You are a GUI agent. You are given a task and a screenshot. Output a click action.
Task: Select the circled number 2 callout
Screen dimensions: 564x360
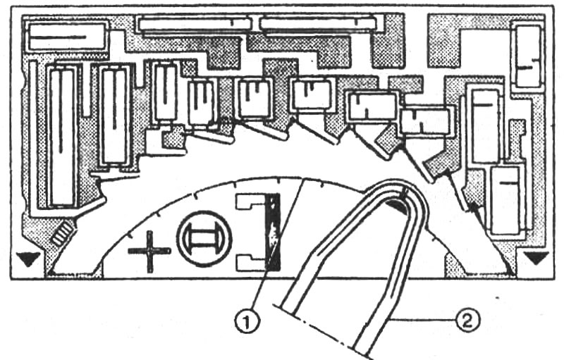[x=467, y=321]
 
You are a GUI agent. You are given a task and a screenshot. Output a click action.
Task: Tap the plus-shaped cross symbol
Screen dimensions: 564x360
[x=149, y=251]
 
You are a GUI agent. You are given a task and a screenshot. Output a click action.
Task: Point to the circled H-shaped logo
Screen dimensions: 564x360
[x=204, y=239]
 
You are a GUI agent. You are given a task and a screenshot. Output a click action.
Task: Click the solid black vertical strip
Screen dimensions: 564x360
[x=272, y=232]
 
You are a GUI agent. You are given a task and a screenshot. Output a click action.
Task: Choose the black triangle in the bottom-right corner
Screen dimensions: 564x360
[x=537, y=258]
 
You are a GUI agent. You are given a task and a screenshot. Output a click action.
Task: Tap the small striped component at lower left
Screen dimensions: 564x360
[x=63, y=233]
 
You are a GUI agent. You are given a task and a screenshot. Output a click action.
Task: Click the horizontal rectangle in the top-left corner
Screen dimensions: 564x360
[x=66, y=37]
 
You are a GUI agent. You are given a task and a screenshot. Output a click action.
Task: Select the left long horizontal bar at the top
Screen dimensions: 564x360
[x=195, y=25]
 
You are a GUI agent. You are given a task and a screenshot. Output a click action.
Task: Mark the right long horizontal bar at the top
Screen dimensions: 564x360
[x=318, y=24]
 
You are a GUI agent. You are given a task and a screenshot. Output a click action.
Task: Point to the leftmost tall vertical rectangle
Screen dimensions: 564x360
[x=63, y=137]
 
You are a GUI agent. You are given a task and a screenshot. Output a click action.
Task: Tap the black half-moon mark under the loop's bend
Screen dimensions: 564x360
[x=397, y=206]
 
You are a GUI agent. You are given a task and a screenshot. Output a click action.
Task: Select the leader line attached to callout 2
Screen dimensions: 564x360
[x=422, y=319]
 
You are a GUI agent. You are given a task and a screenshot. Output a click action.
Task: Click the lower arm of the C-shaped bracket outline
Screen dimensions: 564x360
[x=250, y=263]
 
